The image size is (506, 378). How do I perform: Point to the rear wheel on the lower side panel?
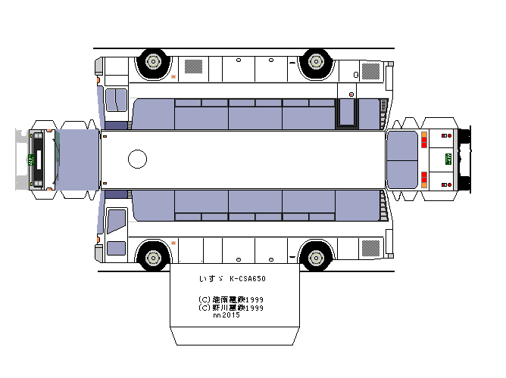[x=314, y=256]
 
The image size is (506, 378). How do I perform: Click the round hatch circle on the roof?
[x=138, y=159]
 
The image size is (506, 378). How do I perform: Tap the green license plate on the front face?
[x=32, y=159]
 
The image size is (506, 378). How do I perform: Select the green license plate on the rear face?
[x=448, y=159]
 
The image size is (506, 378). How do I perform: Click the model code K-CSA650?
[x=247, y=279]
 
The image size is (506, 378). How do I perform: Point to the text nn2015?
[x=226, y=315]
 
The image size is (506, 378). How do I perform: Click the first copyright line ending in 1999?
[x=230, y=299]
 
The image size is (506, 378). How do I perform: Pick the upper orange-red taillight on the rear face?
[x=424, y=139]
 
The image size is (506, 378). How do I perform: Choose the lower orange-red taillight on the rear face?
[x=424, y=179]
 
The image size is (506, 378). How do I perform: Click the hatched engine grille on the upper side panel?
[x=371, y=71]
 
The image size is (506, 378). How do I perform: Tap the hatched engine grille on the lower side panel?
[x=371, y=247]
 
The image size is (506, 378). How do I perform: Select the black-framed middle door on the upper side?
[x=348, y=113]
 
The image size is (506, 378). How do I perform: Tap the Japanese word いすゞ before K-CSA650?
[x=208, y=279]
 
